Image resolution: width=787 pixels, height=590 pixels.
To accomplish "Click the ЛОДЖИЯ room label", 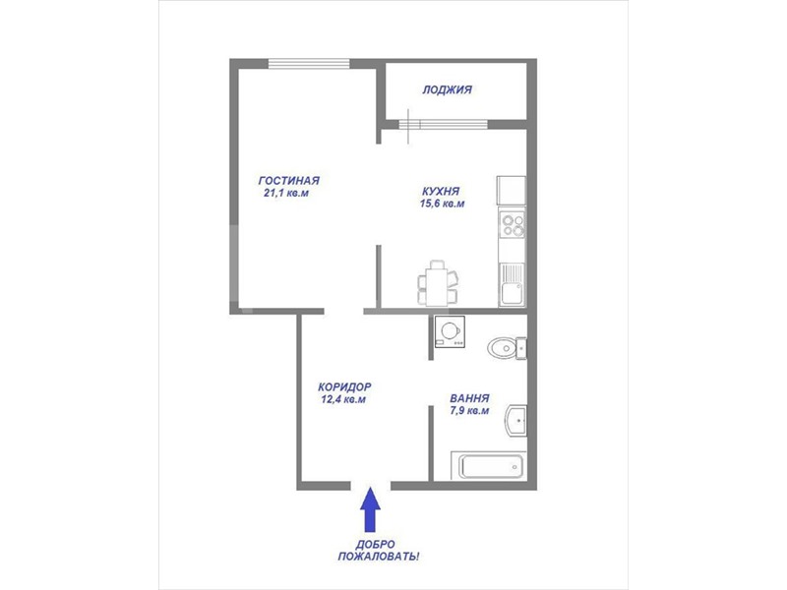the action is coord(447,89).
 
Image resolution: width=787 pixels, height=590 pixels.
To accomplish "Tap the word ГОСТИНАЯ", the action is coord(288,181).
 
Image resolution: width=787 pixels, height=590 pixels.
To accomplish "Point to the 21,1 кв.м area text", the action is coord(286,193).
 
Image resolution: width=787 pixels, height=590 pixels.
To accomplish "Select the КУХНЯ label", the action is coord(441,191).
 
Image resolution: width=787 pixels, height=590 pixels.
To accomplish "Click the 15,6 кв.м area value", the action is coord(442,204).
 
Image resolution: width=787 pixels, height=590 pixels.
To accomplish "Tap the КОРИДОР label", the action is coord(344,387).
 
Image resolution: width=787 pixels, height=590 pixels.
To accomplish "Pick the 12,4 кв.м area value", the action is coord(343,400).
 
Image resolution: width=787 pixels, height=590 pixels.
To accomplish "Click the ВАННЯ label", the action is coord(469,398).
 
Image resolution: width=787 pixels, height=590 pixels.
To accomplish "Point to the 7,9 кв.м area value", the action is coord(470,411).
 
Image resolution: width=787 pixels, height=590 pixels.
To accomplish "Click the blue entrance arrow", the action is coord(370,509).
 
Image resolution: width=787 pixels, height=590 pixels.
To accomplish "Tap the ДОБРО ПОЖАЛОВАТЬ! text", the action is coord(379,551).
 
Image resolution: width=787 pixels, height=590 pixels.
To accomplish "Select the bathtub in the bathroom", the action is coord(488,466).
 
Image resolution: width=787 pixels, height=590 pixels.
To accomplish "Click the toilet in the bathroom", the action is coord(507,348).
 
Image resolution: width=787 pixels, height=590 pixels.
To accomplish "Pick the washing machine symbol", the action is coord(450,331).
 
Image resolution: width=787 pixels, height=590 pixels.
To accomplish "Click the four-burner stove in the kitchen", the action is coord(513,223).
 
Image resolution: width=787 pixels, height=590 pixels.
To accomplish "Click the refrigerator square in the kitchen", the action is coord(512,190).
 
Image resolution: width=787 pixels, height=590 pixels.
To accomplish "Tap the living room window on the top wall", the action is coord(309,63).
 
